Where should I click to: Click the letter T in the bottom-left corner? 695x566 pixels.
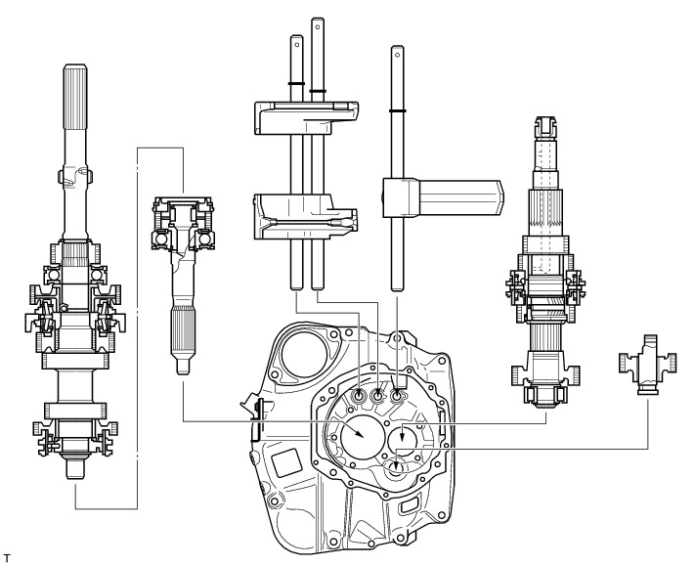(6, 557)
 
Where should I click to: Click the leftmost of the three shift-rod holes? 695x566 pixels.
(361, 396)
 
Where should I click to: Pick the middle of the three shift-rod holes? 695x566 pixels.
(379, 396)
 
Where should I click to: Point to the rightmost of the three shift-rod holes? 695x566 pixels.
(398, 396)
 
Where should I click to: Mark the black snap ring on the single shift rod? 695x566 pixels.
(398, 111)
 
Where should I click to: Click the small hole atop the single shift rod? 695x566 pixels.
(397, 55)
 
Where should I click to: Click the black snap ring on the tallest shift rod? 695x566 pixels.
(317, 92)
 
